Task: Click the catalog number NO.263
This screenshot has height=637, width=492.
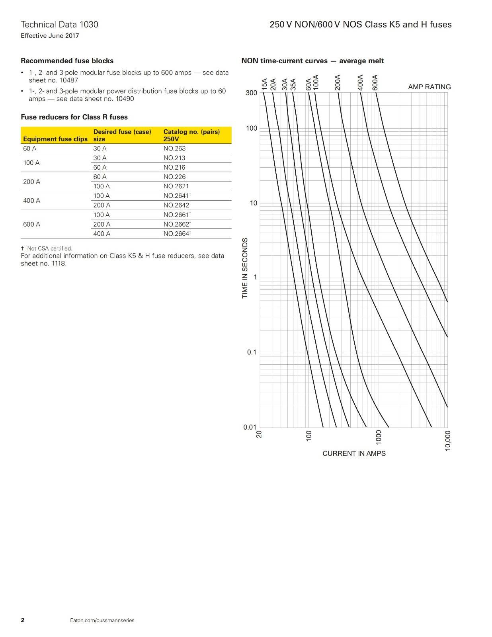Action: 174,149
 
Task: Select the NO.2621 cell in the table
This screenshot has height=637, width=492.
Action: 176,186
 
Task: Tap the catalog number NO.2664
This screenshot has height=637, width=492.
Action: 176,234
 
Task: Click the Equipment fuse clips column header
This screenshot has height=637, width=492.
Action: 55,139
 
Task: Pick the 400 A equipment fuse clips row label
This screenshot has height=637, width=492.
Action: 32,201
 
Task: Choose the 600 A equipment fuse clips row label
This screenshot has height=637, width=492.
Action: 32,224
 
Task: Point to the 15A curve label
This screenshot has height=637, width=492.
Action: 265,85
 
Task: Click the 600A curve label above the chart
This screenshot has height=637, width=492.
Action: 375,82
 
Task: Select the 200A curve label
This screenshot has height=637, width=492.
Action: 338,82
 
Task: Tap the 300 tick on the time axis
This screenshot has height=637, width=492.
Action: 252,93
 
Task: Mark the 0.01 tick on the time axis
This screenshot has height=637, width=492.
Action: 250,427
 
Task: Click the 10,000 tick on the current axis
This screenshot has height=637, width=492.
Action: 448,440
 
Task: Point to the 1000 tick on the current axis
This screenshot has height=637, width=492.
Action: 379,437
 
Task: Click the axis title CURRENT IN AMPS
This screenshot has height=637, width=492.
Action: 354,453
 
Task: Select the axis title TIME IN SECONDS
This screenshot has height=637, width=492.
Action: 245,268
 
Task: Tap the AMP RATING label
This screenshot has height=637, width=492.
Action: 429,87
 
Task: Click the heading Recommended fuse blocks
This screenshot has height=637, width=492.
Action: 67,61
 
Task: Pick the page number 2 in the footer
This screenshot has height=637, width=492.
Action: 23,620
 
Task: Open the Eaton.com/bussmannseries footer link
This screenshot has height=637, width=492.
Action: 102,620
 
